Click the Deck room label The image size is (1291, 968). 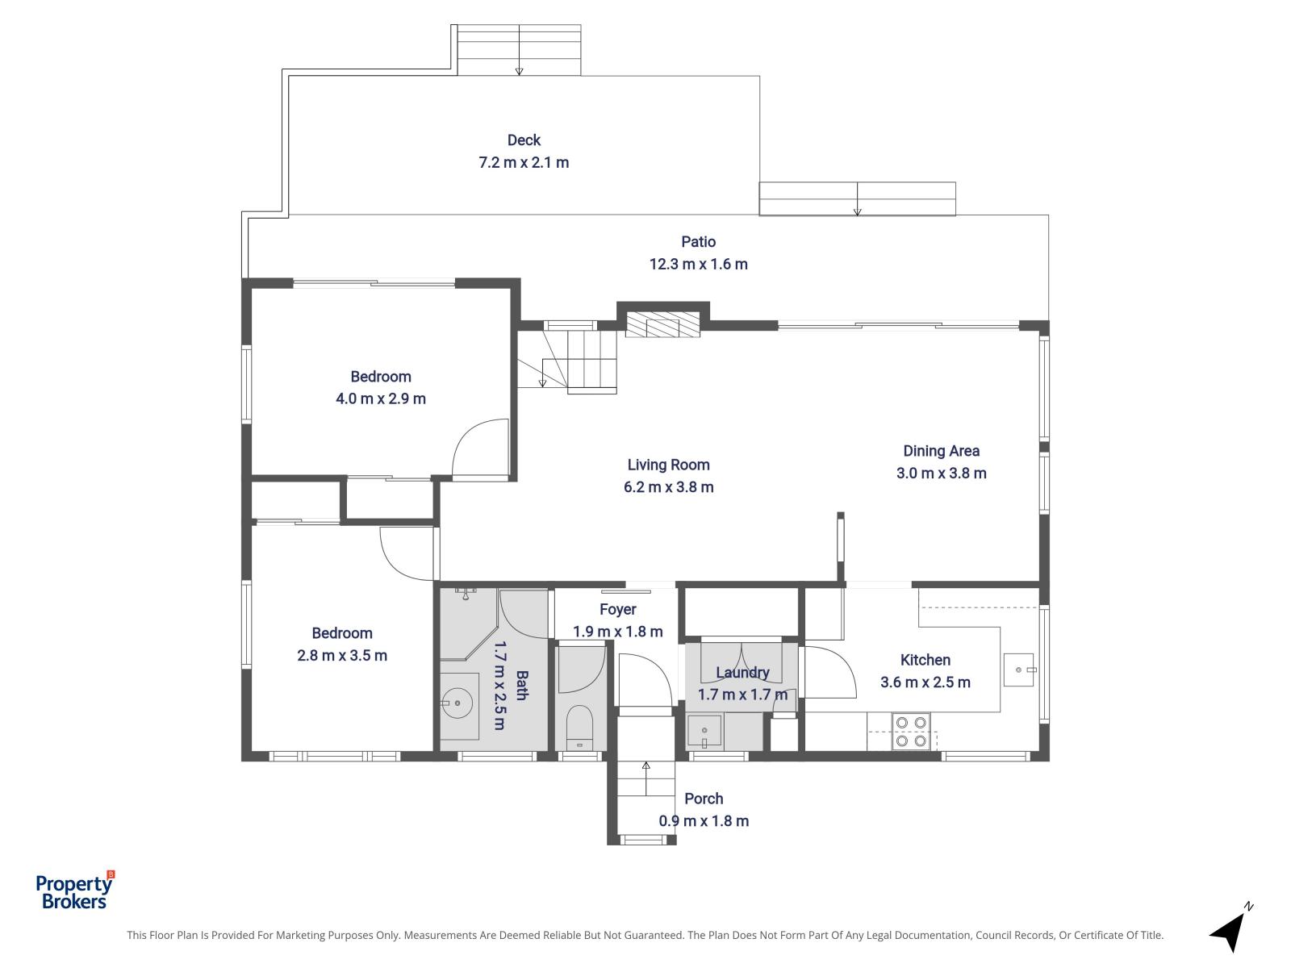(524, 140)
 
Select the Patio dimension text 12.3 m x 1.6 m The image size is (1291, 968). (698, 264)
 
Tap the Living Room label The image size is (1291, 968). (668, 465)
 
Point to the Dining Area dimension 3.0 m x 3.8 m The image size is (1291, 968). (941, 474)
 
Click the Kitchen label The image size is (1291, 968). (925, 660)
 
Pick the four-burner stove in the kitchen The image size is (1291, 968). (911, 731)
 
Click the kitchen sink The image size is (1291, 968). (1019, 670)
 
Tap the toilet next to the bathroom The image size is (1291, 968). (580, 728)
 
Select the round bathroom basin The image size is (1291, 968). (457, 703)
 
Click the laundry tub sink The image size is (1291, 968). (704, 732)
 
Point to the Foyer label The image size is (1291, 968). (617, 610)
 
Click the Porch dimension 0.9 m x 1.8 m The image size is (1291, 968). (704, 821)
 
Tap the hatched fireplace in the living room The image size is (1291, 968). (662, 324)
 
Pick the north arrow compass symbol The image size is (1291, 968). (1231, 928)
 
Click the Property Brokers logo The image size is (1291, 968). (75, 891)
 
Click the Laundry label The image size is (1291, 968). (742, 673)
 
